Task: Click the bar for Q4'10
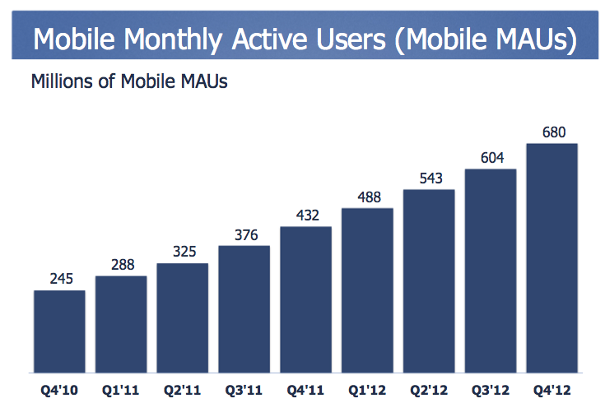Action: tap(59, 331)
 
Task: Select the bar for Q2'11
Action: tap(182, 317)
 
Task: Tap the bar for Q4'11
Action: tap(305, 299)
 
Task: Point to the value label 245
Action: tap(59, 280)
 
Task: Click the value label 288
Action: tap(121, 266)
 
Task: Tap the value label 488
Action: tap(367, 197)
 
